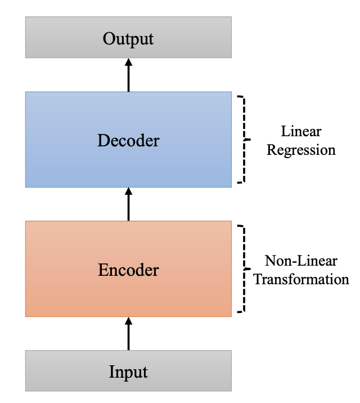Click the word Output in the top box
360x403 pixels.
(128, 39)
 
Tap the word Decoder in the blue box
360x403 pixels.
(128, 140)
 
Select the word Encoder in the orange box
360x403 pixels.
(128, 270)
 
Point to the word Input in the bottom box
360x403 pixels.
(128, 372)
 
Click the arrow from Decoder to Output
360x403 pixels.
(129, 75)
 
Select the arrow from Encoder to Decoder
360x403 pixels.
(129, 204)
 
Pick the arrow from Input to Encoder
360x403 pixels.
(129, 334)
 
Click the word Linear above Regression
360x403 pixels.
(301, 131)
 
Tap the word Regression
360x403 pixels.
(301, 150)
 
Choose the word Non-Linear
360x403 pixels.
(301, 261)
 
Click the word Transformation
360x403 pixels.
(301, 279)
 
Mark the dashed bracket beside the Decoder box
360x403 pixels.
(244, 140)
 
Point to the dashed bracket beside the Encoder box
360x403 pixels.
(244, 269)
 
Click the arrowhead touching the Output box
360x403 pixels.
(129, 62)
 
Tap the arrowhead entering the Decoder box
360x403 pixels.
(129, 191)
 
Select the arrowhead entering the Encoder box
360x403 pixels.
(129, 321)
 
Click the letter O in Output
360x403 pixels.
(109, 38)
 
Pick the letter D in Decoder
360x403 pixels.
(103, 140)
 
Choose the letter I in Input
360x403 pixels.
(112, 371)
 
